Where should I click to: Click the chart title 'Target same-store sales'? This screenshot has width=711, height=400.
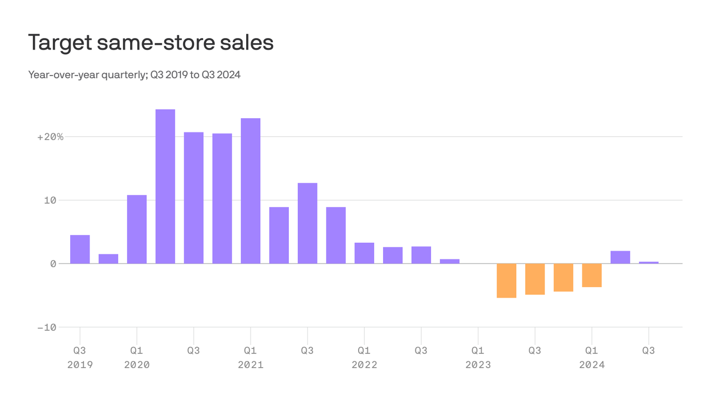[150, 43]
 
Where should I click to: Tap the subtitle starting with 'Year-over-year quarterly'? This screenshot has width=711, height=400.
[134, 75]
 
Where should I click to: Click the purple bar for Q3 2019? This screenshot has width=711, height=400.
[80, 249]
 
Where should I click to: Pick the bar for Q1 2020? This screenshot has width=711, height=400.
[137, 229]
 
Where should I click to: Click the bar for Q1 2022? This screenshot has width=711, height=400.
[364, 253]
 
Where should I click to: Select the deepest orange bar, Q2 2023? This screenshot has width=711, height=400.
[506, 281]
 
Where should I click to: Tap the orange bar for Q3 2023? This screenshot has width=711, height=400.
[535, 279]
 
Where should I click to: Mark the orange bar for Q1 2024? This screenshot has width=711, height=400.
[592, 276]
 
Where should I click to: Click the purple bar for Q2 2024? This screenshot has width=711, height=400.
[620, 257]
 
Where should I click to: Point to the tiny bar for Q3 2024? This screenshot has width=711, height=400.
[649, 262]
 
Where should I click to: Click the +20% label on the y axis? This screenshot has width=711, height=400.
[50, 137]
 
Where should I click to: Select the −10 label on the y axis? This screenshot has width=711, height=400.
[46, 328]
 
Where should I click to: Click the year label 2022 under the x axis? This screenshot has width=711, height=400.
[364, 365]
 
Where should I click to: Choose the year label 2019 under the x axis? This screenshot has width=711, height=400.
[80, 365]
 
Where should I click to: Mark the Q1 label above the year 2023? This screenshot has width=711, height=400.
[478, 351]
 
